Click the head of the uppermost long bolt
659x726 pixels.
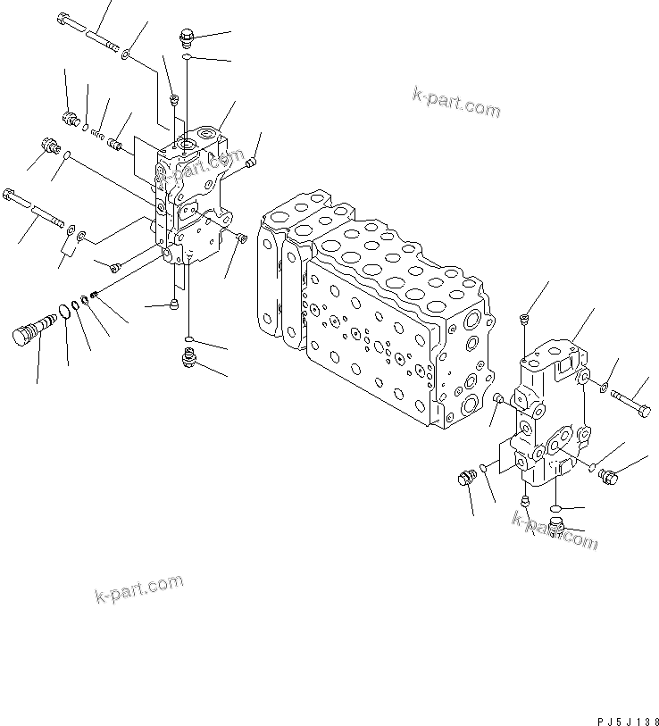pos(64,19)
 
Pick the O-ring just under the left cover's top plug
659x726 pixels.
pos(186,58)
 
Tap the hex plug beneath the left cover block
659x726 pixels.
pos(188,358)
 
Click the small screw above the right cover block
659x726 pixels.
pos(524,319)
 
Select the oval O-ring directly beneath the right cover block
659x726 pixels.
pos(556,506)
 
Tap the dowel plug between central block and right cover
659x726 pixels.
pos(498,399)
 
